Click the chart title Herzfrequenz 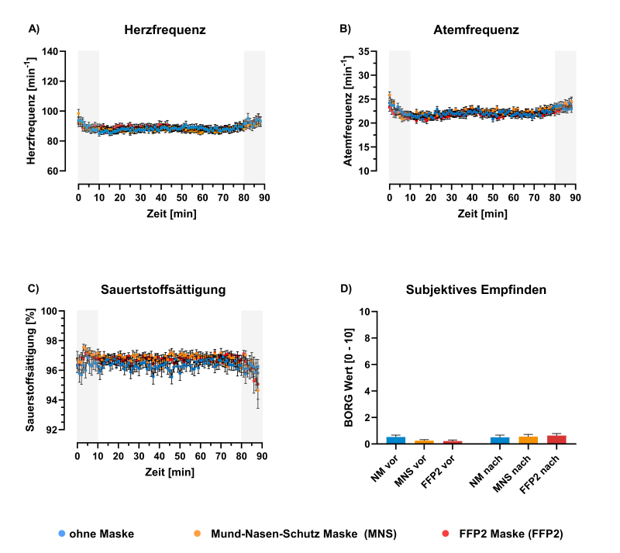(165, 30)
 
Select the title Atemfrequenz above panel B (476, 30)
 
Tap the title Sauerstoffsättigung (163, 290)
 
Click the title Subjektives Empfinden (476, 290)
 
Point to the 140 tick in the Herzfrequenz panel (50, 51)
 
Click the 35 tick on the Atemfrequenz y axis (363, 51)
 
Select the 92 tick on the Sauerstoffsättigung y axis (51, 430)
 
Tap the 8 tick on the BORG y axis (367, 338)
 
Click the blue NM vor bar (396, 441)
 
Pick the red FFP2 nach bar (556, 440)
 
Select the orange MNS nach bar (529, 441)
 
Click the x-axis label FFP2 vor (438, 472)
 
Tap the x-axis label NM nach (486, 471)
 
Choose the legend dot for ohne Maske (61, 533)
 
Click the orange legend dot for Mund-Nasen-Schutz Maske (197, 533)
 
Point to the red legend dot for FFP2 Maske (446, 533)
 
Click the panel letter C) (33, 289)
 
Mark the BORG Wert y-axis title (349, 378)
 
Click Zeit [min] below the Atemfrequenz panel (482, 214)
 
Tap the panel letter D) (346, 289)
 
